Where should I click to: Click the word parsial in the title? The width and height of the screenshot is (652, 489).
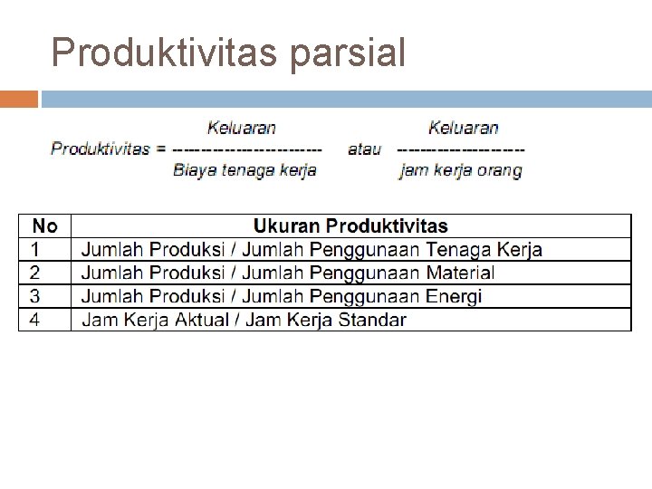point(349,55)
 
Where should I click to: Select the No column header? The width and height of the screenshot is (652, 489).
point(44,226)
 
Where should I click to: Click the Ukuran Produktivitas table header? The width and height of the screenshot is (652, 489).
point(350,226)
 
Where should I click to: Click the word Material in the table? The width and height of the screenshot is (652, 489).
point(459,273)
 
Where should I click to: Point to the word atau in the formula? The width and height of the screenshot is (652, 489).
point(364,149)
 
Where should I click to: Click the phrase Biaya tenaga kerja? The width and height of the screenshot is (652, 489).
point(244,169)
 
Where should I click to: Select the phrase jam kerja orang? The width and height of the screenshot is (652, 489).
point(460,170)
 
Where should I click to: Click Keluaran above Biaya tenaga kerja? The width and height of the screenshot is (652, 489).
point(242,129)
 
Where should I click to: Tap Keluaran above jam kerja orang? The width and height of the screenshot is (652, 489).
point(464,129)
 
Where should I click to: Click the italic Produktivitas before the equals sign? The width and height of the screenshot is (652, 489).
point(101,149)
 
